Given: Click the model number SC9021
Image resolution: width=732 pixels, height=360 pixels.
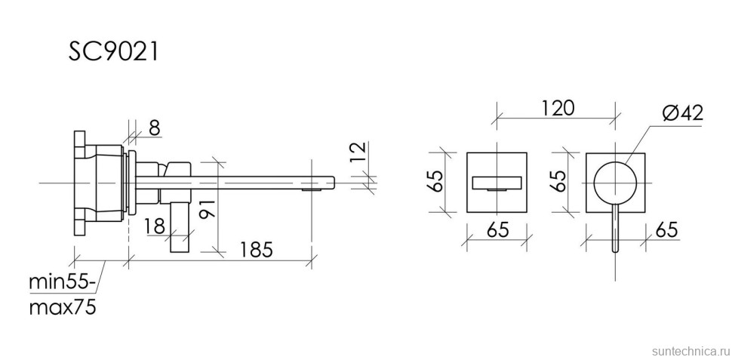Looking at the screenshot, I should (113, 52).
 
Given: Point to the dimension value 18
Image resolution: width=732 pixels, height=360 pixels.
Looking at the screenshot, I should (154, 226).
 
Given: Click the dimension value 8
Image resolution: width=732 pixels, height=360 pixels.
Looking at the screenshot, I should (153, 128).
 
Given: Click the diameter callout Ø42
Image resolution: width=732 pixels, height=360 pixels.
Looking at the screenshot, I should (682, 113).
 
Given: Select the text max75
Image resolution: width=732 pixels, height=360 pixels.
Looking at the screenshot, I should (62, 307).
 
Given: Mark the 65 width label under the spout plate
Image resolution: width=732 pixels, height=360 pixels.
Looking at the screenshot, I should (497, 230).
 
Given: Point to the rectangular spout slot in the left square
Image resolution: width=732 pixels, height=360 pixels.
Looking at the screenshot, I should (497, 183).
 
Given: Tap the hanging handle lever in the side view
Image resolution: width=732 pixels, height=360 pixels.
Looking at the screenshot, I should (181, 226).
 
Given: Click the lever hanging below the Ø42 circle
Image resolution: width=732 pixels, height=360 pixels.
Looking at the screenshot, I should (616, 226).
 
